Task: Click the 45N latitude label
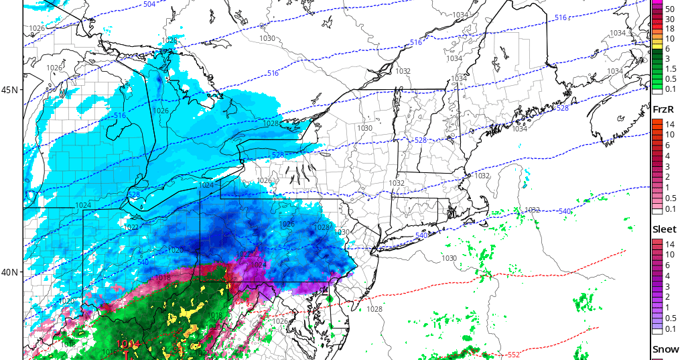tap(10, 90)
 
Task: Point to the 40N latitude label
tap(10, 272)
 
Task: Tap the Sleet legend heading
tap(665, 229)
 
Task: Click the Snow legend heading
tap(665, 350)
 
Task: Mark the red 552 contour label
tap(513, 354)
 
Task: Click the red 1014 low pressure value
tap(128, 344)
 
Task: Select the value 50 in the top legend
tap(669, 9)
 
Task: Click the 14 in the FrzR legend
tap(669, 124)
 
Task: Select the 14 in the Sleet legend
tap(669, 245)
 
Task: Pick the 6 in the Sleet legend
tap(669, 265)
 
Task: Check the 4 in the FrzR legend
tap(669, 156)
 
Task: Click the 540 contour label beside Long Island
tap(421, 236)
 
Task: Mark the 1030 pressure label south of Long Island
tap(449, 258)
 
